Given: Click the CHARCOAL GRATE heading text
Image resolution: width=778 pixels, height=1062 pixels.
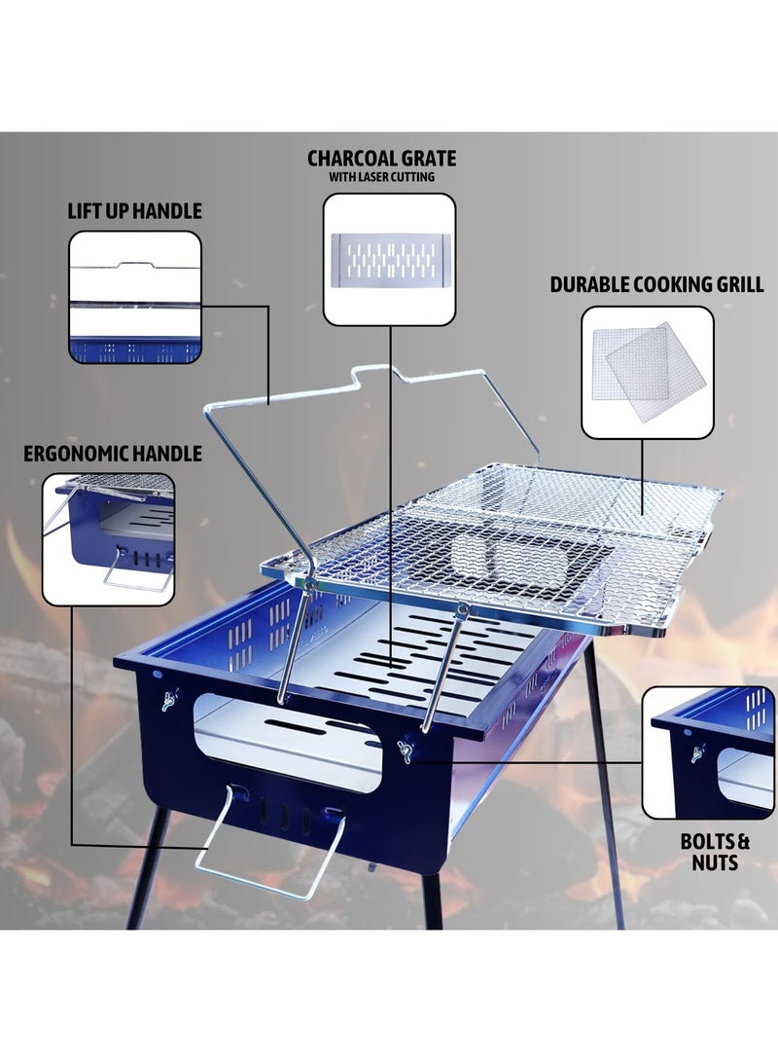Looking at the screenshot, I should pos(381,158).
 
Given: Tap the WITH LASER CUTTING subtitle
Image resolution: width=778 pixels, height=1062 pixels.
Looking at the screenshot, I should pos(381,177).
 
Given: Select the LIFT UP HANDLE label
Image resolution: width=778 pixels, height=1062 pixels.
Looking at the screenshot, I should pos(135,211).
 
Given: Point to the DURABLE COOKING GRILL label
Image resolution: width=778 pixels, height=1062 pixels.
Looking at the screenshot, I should pos(656,285).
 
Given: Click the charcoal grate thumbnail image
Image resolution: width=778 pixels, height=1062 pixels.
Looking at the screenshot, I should pos(389,259).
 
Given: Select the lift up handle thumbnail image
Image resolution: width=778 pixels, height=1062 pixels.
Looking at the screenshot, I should pos(135,297).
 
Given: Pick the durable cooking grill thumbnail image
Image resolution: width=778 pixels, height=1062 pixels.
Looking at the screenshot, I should pos(647,372).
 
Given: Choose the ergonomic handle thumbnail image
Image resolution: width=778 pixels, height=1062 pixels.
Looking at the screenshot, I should pos(109,538).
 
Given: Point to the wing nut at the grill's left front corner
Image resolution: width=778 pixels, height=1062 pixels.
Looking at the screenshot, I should pos(168,698).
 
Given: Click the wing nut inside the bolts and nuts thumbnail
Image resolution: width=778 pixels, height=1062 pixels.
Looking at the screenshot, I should pos(696,752).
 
